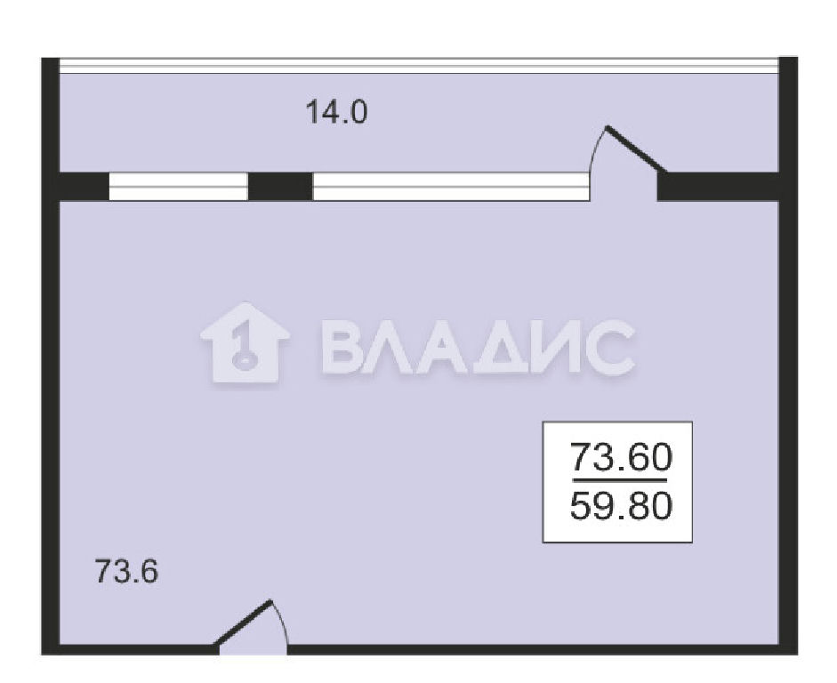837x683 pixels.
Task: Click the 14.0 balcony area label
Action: (x=336, y=113)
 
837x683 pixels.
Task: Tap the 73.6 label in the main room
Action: (x=126, y=571)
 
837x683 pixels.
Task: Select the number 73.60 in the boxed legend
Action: (x=621, y=457)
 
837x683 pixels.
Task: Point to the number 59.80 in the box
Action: (x=621, y=506)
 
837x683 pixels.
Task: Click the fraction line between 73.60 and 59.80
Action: (x=620, y=480)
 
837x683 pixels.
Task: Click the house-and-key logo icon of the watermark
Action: (x=245, y=342)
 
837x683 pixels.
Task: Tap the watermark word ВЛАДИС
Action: (x=479, y=347)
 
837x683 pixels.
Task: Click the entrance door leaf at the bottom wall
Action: (x=244, y=623)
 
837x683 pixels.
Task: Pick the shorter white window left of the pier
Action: (x=178, y=186)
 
